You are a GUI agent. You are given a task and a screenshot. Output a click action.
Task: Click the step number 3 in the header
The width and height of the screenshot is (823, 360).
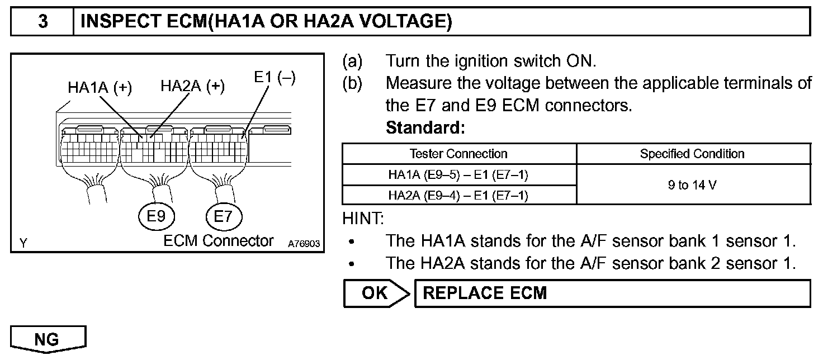point(42,22)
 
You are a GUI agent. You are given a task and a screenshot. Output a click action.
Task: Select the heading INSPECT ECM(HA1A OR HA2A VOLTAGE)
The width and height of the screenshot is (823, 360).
point(266,22)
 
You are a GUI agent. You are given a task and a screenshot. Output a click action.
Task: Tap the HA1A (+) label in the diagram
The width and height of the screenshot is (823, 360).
point(100,88)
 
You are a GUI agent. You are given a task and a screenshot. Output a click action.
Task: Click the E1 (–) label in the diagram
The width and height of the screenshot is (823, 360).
point(275,78)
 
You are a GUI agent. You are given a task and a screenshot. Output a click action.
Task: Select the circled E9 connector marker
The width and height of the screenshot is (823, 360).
point(157,216)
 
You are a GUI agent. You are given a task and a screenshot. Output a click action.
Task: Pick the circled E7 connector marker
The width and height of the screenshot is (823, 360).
point(223,216)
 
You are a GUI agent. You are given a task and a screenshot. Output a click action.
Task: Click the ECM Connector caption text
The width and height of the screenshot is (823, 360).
point(219,241)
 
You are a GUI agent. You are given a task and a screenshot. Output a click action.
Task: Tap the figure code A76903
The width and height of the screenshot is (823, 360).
point(304,244)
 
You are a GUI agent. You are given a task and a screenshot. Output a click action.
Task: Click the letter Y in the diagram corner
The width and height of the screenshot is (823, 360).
point(23,243)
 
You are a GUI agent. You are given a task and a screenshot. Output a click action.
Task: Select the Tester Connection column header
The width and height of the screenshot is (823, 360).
point(458,154)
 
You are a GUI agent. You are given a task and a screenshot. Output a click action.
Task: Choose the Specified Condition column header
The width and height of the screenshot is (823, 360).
point(692,154)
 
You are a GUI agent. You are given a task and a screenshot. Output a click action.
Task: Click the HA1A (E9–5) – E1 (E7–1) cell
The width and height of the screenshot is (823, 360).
point(458,175)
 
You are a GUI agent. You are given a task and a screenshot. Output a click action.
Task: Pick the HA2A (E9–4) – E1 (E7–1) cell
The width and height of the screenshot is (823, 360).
point(458,195)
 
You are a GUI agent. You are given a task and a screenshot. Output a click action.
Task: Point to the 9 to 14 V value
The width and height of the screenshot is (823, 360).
point(692,185)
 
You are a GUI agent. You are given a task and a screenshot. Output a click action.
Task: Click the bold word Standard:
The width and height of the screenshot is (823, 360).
point(425,128)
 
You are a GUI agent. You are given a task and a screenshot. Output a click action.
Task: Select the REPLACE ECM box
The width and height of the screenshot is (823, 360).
point(612,293)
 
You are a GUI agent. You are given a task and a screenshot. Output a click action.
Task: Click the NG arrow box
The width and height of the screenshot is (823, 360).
point(48,339)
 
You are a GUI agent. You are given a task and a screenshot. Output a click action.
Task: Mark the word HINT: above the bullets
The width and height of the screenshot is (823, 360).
point(363,219)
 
